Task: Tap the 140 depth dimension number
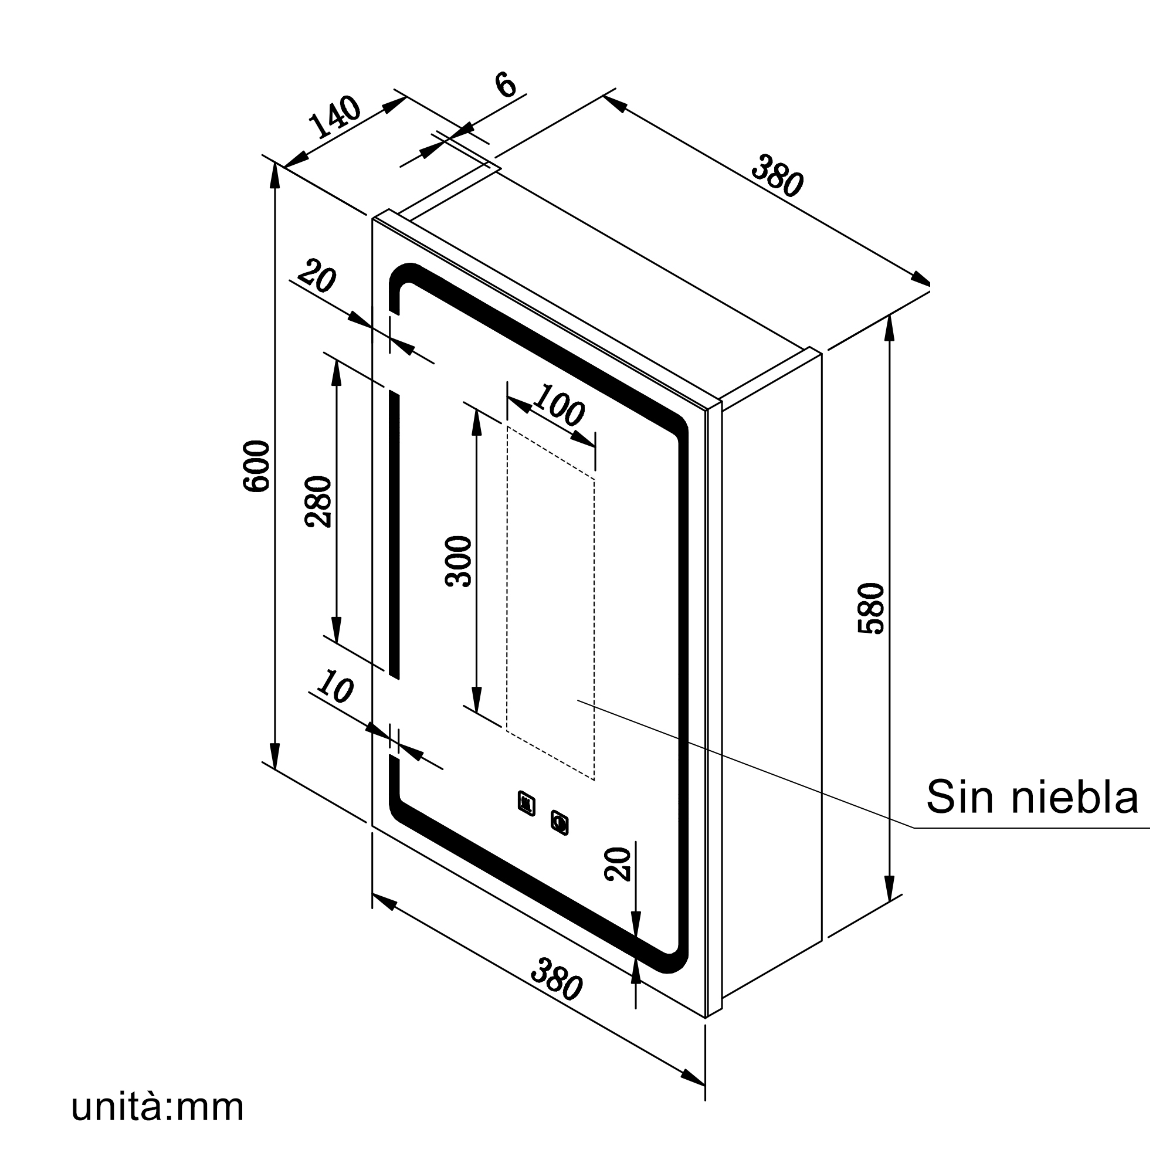(x=335, y=117)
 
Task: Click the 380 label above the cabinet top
(x=778, y=176)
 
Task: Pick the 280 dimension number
(x=318, y=501)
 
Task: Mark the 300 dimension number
(x=459, y=561)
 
